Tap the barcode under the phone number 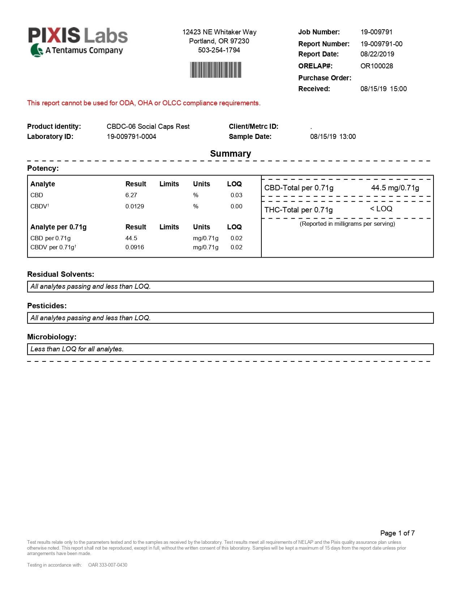click(x=216, y=70)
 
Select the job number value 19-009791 click(x=376, y=32)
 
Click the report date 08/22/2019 click(x=377, y=54)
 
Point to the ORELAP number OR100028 click(x=376, y=66)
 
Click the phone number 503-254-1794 click(x=219, y=50)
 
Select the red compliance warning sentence click(x=144, y=103)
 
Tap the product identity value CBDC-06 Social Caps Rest click(x=148, y=126)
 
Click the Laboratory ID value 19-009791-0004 click(x=131, y=136)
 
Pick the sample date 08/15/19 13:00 click(x=333, y=136)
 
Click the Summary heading click(x=230, y=153)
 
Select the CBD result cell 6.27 click(x=131, y=195)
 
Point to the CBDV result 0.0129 click(x=135, y=206)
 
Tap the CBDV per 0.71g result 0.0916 click(x=135, y=247)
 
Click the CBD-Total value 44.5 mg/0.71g click(x=395, y=188)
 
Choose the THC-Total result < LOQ click(x=381, y=209)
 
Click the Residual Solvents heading click(x=60, y=274)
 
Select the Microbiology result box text click(x=77, y=349)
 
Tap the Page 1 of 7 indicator click(x=397, y=533)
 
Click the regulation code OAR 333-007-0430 click(x=108, y=565)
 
